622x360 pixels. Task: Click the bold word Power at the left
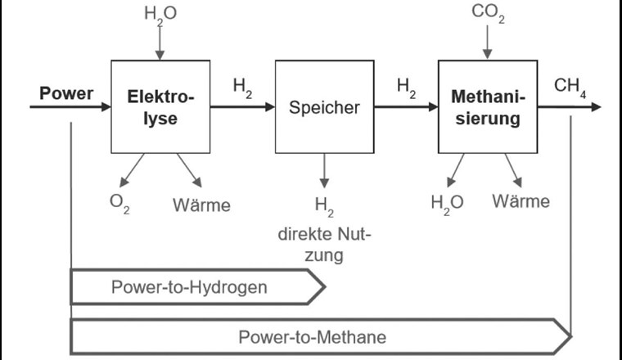[x=66, y=92]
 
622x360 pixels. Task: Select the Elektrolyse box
[x=160, y=106]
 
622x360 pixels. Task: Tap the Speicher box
[x=324, y=106]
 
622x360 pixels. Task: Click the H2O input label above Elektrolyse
[x=160, y=14]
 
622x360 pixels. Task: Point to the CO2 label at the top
[x=488, y=14]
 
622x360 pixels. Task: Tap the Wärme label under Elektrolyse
[x=201, y=204]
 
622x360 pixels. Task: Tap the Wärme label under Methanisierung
[x=521, y=200]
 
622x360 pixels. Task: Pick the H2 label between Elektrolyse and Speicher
[x=242, y=88]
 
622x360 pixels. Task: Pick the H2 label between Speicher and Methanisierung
[x=406, y=88]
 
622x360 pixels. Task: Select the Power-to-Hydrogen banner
[x=196, y=287]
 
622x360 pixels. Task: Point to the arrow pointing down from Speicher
[x=324, y=170]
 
